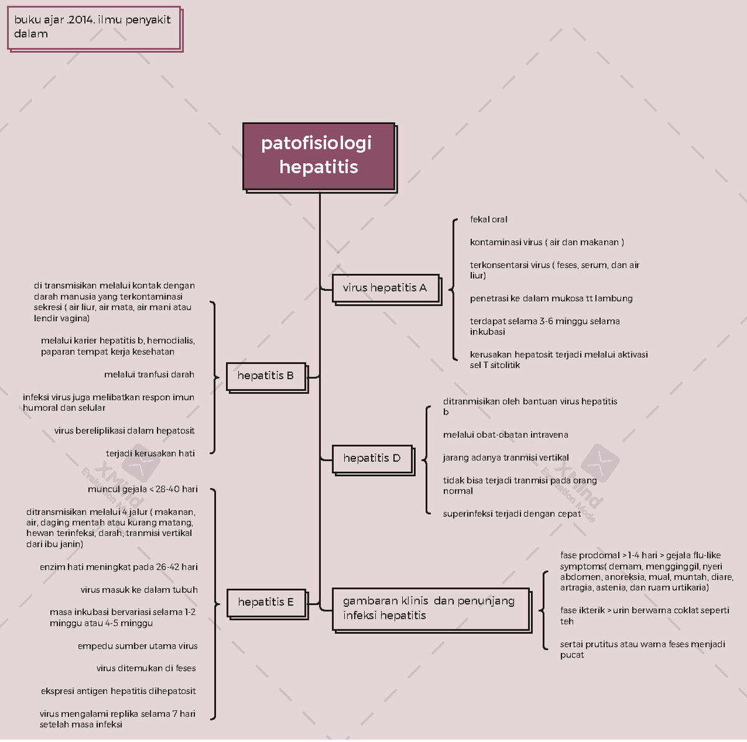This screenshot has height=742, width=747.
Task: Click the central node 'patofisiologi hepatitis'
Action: (x=318, y=156)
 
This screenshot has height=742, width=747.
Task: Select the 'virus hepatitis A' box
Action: (x=385, y=288)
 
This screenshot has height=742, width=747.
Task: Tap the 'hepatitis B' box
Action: (x=266, y=375)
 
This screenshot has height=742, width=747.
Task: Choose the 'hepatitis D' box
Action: (x=372, y=458)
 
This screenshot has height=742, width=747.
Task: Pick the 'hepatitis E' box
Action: (x=266, y=602)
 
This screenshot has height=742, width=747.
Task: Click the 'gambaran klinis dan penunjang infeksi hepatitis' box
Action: (x=430, y=608)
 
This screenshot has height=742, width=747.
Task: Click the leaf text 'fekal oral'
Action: (x=489, y=220)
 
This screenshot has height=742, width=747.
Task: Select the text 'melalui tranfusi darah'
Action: (x=149, y=375)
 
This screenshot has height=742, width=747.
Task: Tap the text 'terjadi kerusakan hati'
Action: (x=150, y=454)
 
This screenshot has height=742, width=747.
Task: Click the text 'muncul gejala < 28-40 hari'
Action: (x=143, y=489)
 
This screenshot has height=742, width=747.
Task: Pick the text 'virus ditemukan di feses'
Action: (x=146, y=669)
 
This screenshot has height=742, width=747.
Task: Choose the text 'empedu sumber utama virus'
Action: (x=138, y=646)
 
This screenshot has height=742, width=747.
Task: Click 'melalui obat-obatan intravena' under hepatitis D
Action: (x=505, y=435)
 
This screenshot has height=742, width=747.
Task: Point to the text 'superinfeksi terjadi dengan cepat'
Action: (x=512, y=514)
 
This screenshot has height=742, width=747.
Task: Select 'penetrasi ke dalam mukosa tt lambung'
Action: (x=551, y=299)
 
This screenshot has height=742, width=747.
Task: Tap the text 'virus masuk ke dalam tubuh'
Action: (x=139, y=590)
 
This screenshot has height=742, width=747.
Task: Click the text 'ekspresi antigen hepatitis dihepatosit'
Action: (x=118, y=692)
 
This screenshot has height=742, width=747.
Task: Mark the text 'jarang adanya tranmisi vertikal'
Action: (x=505, y=458)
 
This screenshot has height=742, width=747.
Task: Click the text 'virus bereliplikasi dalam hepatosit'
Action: (x=125, y=431)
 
